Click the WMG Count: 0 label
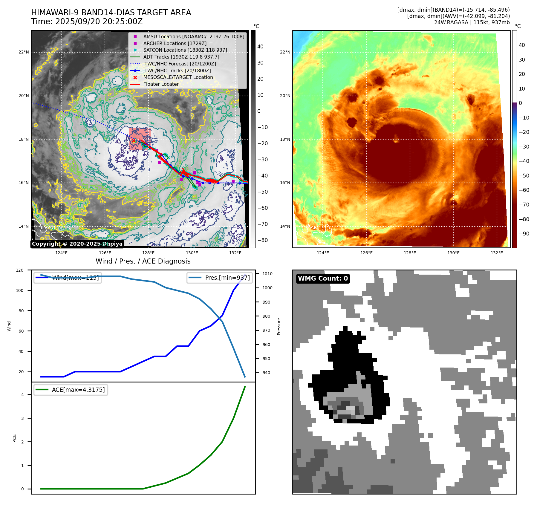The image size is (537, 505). pos(323,278)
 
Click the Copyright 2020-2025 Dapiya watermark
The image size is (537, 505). pos(77,244)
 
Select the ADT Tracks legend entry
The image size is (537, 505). pos(181,57)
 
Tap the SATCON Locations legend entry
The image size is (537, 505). pos(185,50)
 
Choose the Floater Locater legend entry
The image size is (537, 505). pos(161,84)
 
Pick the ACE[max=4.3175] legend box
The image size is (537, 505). pos(71,390)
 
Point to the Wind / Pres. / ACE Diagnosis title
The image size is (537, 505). pos(143,261)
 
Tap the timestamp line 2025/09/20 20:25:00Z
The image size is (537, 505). pos(87,22)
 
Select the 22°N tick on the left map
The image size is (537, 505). pos(24,52)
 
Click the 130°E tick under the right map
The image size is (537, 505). pos(453,253)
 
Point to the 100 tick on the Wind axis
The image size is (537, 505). pos(20,290)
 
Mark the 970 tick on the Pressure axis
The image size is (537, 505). pos(266,330)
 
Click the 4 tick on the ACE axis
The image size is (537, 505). pos(22,395)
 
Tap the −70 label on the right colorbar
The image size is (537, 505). pos(524,205)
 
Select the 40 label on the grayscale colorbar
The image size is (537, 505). pos(260,47)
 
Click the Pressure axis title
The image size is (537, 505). pos(279,326)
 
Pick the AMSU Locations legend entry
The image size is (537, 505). pos(194,36)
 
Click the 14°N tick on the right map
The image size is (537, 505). pos(285,226)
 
